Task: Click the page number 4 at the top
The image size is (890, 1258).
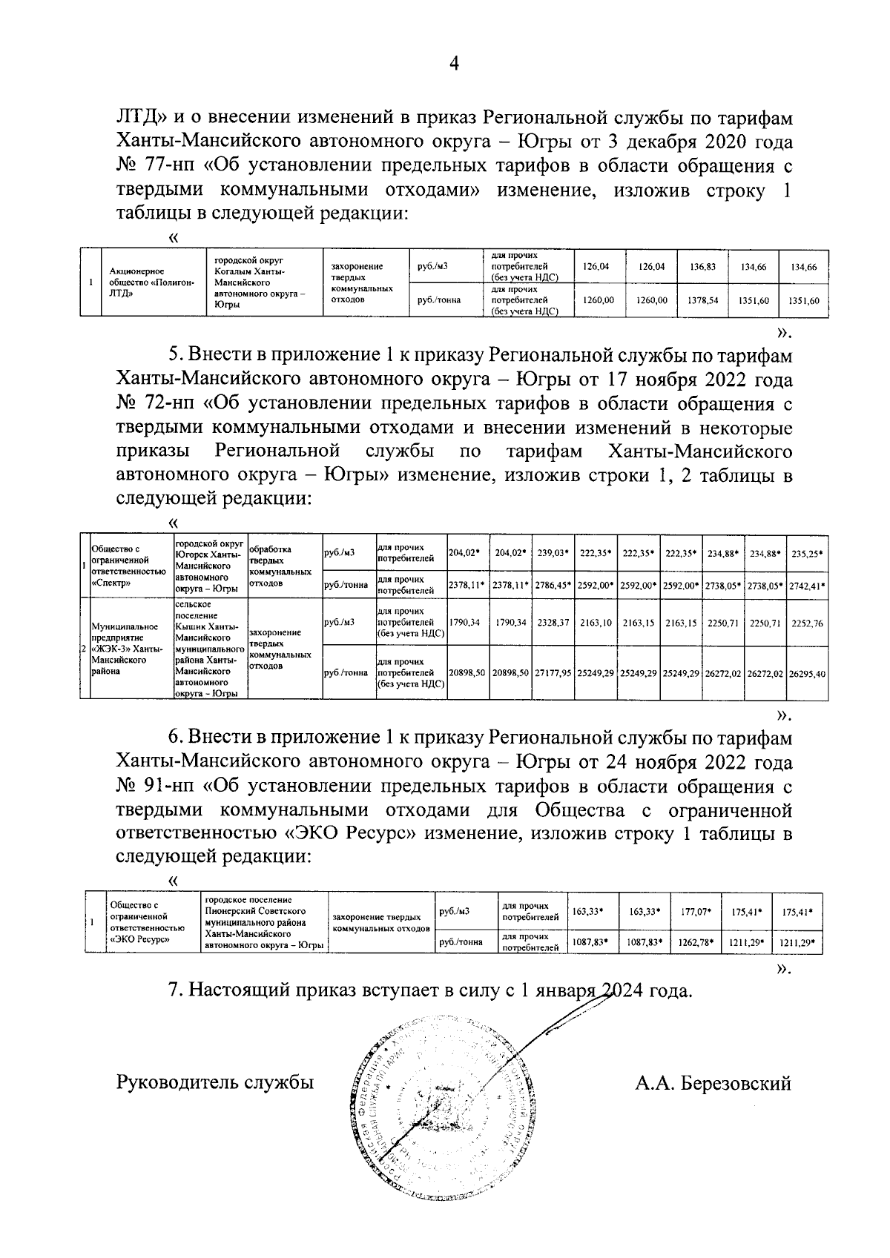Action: [455, 64]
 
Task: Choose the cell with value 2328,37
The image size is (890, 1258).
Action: [553, 623]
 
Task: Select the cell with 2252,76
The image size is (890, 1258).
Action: [808, 623]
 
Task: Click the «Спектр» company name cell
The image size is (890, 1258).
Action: [128, 566]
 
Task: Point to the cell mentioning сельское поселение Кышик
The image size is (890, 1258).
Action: [210, 649]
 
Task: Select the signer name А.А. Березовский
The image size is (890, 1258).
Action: [713, 1083]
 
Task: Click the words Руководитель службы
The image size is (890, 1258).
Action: [215, 1082]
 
